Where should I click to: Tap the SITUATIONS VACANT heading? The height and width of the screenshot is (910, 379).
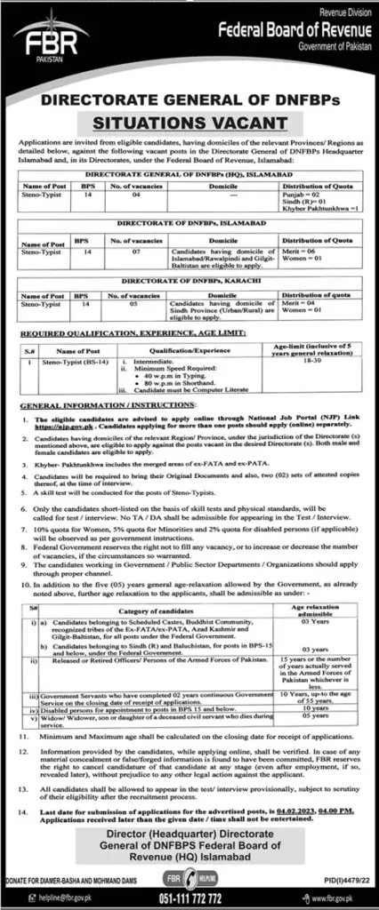pos(189,120)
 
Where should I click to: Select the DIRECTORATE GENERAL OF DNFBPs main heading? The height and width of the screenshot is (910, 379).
pos(189,100)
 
